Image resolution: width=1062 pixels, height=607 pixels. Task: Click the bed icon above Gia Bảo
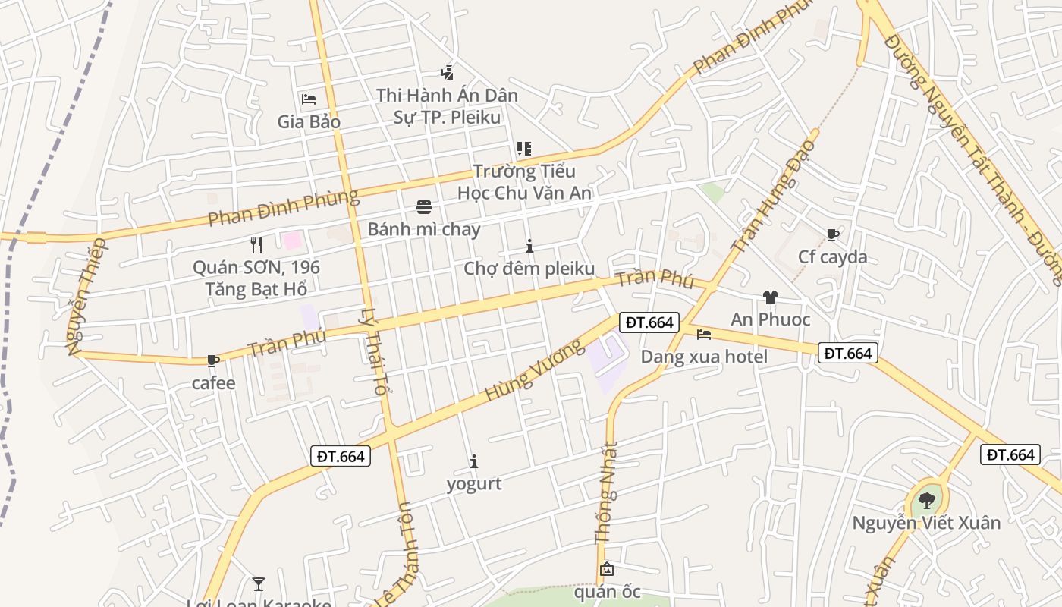(308, 99)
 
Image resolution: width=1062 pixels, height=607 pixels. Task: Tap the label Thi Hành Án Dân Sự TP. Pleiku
(447, 106)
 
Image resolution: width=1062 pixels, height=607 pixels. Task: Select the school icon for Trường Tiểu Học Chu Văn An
(523, 149)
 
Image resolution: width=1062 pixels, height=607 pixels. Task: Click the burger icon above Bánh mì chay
(423, 207)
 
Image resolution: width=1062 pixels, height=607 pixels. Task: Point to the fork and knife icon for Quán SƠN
(256, 245)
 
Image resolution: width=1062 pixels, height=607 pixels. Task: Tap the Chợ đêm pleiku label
(529, 269)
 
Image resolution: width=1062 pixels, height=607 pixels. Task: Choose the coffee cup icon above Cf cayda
(832, 235)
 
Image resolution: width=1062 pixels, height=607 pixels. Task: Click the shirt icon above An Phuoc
(770, 297)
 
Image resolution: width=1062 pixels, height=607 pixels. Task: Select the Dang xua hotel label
(704, 357)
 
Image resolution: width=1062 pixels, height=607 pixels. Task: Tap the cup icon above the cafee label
(213, 361)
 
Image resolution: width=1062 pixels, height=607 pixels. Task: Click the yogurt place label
(474, 483)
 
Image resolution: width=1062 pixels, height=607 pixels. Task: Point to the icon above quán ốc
(607, 569)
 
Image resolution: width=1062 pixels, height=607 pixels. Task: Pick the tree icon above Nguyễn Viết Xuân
(926, 501)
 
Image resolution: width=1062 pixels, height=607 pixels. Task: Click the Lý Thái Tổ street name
(373, 351)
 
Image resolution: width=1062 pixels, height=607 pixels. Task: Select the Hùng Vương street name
(535, 370)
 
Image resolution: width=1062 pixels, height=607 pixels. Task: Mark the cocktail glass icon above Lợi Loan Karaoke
(259, 583)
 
